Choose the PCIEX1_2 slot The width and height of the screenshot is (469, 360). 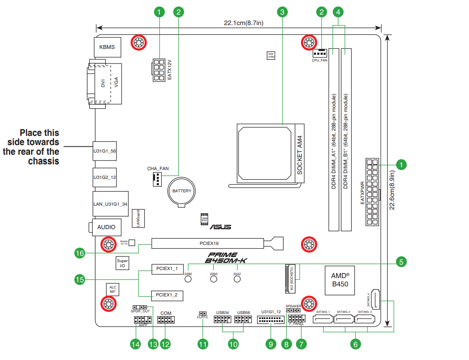click(167, 295)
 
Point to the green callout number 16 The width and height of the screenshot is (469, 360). click(80, 253)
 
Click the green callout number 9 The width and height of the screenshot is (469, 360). click(271, 344)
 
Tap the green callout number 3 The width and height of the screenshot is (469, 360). click(283, 12)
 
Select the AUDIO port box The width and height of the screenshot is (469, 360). click(107, 227)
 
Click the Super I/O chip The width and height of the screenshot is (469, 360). click(122, 263)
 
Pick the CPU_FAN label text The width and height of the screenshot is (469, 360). click(320, 60)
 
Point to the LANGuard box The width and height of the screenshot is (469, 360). click(138, 218)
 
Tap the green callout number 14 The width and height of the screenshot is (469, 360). click(135, 344)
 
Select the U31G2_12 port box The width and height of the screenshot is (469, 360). click(105, 177)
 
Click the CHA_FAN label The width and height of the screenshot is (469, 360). click(158, 169)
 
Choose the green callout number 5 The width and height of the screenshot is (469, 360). click(401, 263)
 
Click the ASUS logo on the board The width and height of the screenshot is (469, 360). click(220, 227)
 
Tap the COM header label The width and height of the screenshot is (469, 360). click(166, 313)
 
